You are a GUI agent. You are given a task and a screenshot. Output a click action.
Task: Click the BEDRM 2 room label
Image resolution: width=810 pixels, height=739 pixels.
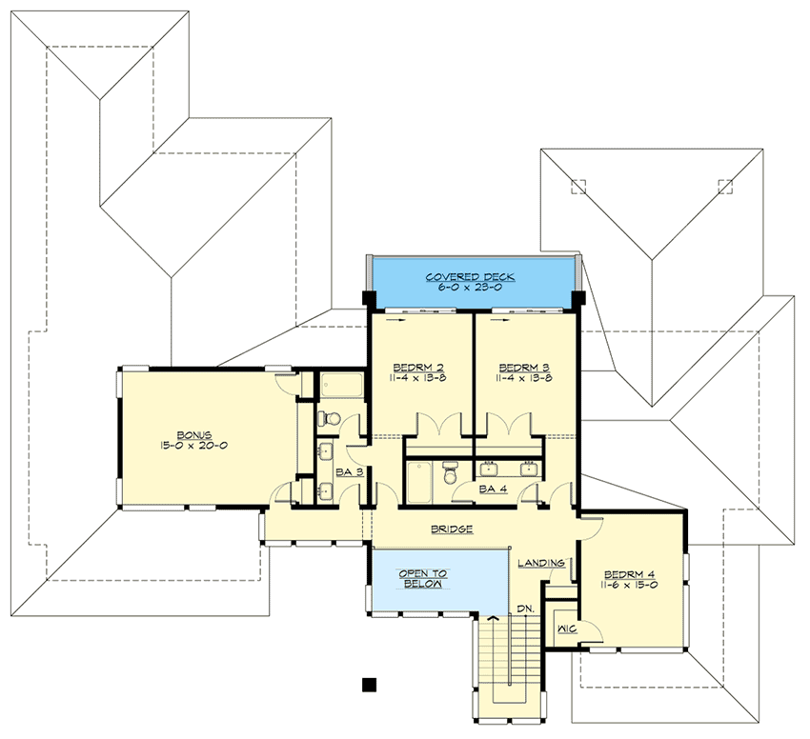419,367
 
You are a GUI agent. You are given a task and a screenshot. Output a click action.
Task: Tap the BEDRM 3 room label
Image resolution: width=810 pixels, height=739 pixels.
524,367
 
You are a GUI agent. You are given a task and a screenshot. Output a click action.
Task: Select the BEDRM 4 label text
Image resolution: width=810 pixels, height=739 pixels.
630,576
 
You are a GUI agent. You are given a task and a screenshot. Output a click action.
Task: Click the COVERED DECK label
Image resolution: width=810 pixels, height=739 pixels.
470,277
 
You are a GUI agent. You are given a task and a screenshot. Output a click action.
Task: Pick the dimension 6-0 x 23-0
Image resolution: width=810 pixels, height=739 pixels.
470,289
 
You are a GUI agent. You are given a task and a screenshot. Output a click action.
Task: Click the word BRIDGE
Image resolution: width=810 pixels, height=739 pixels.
454,529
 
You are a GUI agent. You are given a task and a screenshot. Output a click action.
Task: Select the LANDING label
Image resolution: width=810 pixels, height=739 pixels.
542,563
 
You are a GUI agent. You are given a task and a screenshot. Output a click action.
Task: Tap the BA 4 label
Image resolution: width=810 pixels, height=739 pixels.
492,489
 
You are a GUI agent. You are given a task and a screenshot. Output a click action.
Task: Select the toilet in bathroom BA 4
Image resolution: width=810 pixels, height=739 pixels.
454,470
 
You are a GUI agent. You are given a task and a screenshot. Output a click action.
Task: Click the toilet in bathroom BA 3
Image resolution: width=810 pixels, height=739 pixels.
327,418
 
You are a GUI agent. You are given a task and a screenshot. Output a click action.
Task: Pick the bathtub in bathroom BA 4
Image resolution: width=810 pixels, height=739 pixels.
421,481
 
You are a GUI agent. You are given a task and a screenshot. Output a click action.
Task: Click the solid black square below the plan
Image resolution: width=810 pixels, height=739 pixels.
370,684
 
